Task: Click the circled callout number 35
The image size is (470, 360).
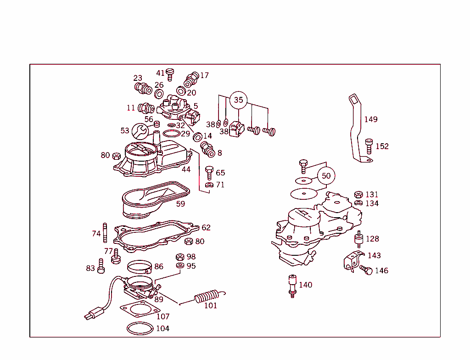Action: pos(238,100)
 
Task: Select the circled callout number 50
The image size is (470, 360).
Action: pos(326,175)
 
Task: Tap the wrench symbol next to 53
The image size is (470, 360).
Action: pos(140,131)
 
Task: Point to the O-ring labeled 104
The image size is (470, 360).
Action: pos(140,328)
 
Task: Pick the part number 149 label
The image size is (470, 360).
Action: pos(371,119)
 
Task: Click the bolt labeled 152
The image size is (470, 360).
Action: pos(369,146)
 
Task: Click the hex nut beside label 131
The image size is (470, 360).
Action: pos(359,194)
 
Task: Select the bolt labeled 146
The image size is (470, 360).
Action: pos(366,270)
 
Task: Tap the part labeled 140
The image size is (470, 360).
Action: pos(291,285)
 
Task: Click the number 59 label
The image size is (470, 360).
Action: pos(181,204)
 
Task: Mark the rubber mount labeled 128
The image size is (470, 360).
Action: pos(358,239)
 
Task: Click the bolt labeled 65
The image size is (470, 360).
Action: pos(209,172)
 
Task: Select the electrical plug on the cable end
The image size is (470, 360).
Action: pos(92,315)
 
